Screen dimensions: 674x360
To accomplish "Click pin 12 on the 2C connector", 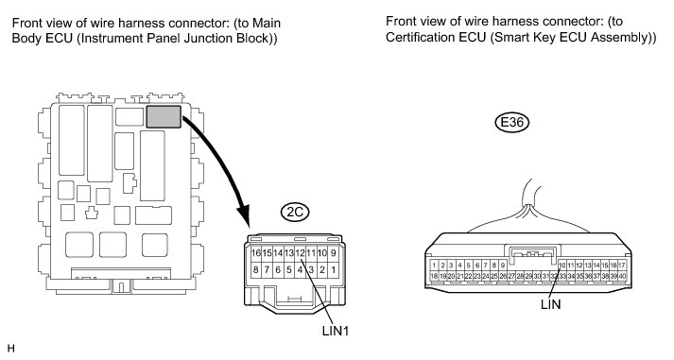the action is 300,253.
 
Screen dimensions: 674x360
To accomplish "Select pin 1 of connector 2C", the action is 333,270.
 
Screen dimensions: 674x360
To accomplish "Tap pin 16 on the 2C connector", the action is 256,253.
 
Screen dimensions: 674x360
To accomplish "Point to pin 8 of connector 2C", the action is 256,270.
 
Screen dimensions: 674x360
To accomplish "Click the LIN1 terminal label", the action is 336,331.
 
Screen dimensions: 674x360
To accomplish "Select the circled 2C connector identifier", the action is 295,212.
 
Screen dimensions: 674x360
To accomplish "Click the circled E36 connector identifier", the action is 511,123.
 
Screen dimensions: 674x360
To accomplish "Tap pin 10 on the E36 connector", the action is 562,266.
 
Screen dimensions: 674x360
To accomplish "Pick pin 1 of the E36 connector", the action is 434,266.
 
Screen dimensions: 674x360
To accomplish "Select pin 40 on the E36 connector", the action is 622,276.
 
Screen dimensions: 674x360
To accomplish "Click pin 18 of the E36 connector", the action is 434,276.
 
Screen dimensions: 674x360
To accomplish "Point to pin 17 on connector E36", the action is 622,266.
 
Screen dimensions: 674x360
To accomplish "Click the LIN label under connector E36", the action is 550,304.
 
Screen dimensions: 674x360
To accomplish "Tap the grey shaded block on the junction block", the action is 164,117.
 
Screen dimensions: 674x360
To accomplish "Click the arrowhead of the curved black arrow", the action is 244,215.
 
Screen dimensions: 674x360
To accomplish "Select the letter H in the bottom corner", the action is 11,349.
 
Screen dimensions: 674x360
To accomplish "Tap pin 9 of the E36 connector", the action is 503,266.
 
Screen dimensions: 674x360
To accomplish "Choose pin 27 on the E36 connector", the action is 511,276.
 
